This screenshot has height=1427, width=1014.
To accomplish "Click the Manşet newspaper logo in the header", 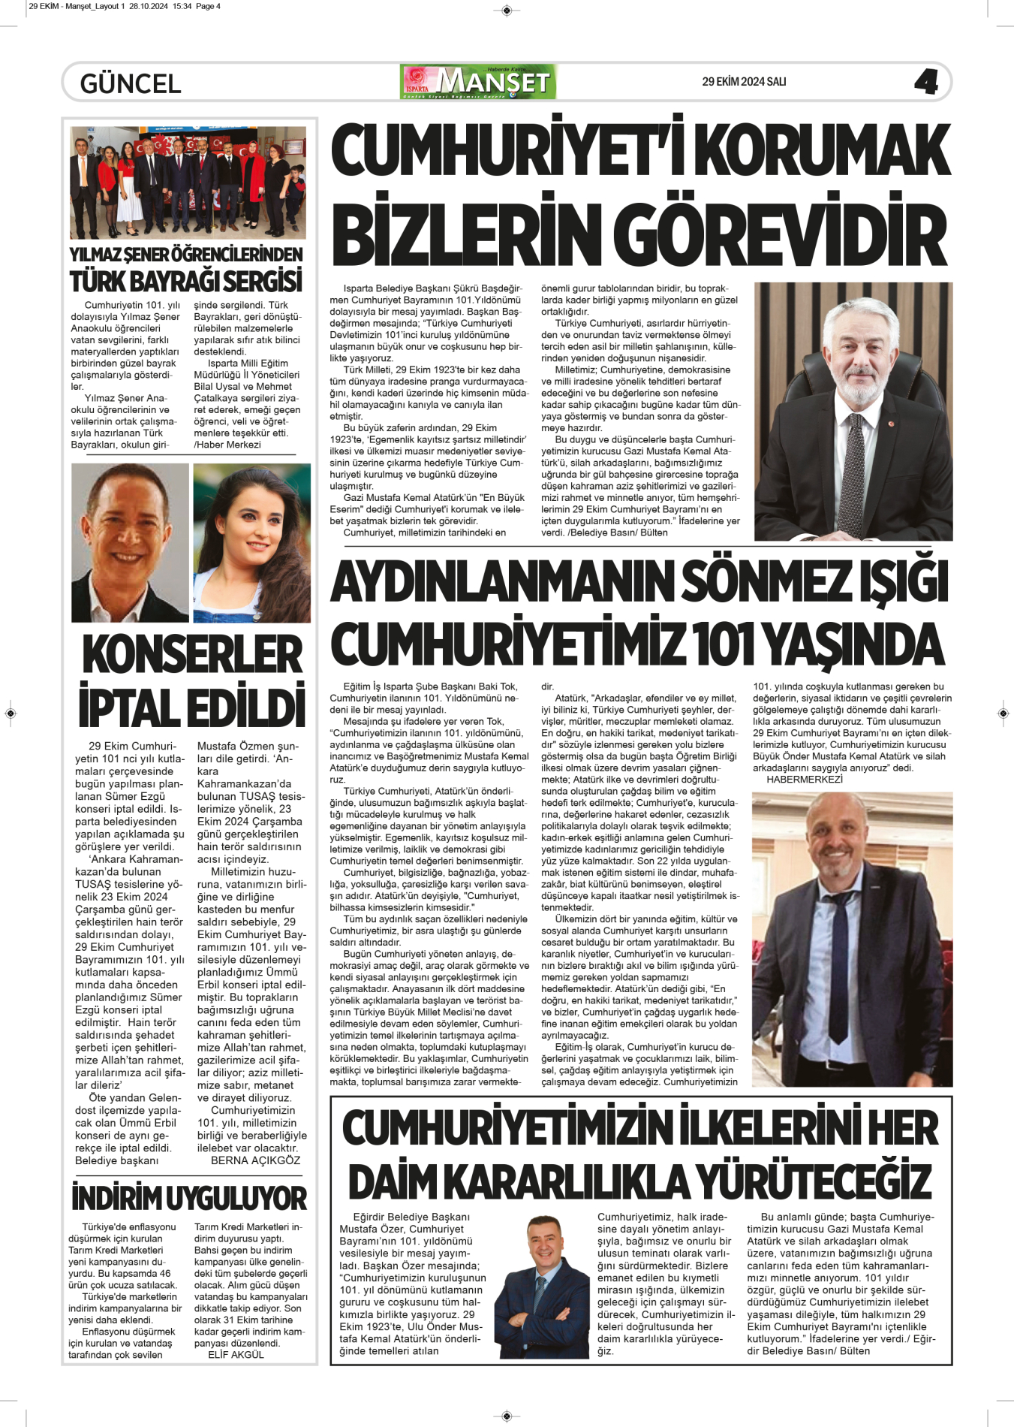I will click(478, 82).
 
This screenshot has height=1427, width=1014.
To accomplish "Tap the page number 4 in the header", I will click(925, 81).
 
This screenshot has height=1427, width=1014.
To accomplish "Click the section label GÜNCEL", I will click(131, 83).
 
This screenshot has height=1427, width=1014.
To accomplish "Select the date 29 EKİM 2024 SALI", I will click(744, 82).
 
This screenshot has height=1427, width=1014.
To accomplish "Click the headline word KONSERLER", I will click(192, 655).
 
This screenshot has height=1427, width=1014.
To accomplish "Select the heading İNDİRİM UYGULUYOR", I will click(189, 1198).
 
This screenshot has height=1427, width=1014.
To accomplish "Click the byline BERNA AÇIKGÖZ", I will click(255, 1160).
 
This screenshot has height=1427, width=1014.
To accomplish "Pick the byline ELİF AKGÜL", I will click(236, 1355).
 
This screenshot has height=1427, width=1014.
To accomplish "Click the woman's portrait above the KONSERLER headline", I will click(251, 543).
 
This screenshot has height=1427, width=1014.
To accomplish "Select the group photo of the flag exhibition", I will click(188, 183).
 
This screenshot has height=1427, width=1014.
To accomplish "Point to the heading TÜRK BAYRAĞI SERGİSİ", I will click(186, 282).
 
